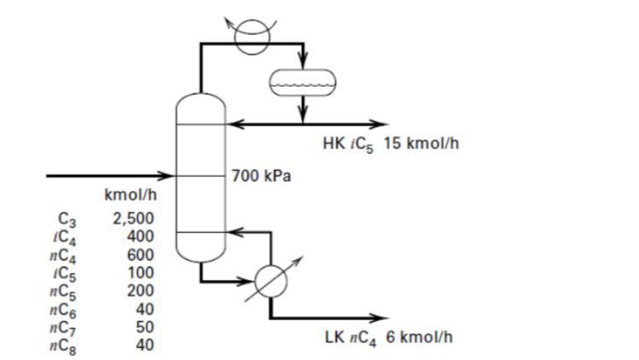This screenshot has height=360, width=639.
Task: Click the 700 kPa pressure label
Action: coord(261,177)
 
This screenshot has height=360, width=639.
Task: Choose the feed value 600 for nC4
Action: coord(139,255)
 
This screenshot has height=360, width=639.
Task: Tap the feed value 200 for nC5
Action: coord(139,290)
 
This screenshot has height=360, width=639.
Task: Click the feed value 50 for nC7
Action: coord(143,326)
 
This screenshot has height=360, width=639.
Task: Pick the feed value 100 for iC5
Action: coord(139,272)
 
